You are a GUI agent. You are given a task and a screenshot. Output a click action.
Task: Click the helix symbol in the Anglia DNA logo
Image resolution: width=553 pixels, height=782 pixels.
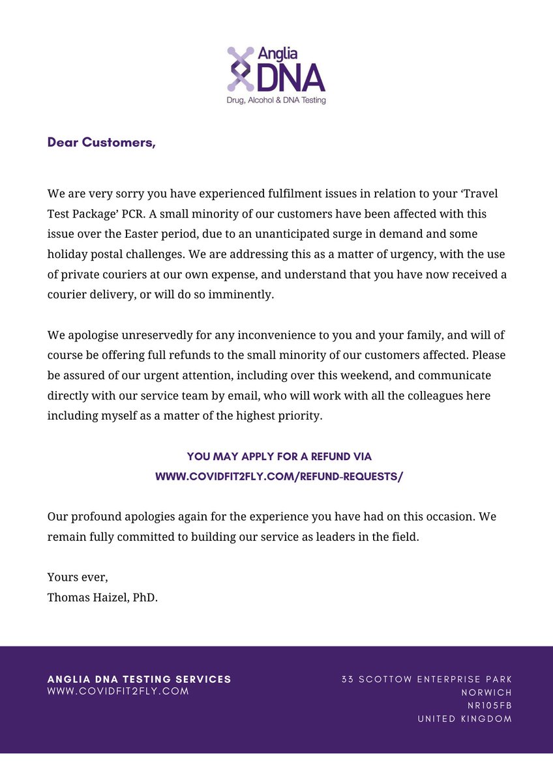[x=240, y=68]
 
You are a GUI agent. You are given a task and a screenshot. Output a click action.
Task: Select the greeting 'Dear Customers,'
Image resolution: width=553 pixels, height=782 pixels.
[x=101, y=143]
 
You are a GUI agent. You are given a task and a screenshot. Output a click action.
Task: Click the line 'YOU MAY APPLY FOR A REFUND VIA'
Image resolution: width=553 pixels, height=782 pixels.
[x=279, y=457]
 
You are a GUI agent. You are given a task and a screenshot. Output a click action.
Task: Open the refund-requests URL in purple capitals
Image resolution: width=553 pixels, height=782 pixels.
[x=279, y=476]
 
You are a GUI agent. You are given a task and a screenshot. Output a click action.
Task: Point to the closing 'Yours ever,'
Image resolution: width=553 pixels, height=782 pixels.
[x=78, y=577]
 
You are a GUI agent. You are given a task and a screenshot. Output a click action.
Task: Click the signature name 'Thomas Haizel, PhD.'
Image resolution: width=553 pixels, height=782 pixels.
[x=102, y=597]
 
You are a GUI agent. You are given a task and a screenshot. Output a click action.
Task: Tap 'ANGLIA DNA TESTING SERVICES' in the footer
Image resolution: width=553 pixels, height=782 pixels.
[x=139, y=679]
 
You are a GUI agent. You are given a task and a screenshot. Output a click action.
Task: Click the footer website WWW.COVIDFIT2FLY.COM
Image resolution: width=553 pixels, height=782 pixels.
[x=118, y=691]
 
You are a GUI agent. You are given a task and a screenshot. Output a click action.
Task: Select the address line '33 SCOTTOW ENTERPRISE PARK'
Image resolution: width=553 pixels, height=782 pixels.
[x=426, y=680]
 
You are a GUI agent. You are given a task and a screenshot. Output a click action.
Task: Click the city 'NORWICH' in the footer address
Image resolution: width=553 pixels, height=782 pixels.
[x=486, y=693]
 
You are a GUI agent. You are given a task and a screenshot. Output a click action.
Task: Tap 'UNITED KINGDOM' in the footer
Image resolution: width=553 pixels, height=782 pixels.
[x=464, y=719]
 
